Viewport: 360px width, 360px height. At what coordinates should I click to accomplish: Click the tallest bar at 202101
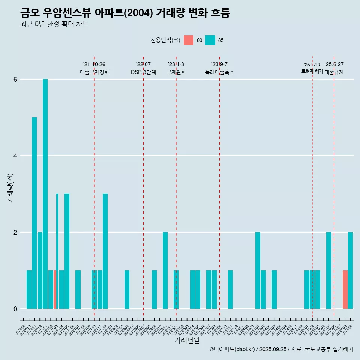pos(45,194)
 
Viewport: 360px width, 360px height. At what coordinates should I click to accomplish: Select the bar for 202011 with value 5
pos(34,213)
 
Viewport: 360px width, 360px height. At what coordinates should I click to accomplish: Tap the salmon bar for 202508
pos(345,289)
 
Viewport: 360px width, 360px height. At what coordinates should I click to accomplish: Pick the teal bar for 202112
pos(105,251)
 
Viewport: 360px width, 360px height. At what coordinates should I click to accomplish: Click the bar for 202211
pos(165,270)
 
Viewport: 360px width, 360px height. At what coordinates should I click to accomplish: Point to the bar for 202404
pos(258,270)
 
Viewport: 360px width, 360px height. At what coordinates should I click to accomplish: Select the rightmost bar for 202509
pos(350,270)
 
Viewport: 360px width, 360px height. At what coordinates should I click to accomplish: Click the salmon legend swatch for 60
pos(189,40)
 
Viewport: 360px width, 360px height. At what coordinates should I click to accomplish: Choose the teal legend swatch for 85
pos(210,40)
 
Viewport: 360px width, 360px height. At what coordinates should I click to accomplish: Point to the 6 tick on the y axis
pos(15,79)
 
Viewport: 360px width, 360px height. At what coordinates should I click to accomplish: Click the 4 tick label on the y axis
pos(15,156)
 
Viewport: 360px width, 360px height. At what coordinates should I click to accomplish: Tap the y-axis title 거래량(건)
pos(10,188)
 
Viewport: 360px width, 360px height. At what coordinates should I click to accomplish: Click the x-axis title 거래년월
pos(187,340)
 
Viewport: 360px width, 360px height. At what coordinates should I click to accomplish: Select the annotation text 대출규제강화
pos(94,72)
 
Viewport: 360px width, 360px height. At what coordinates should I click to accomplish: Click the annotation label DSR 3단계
pos(143,72)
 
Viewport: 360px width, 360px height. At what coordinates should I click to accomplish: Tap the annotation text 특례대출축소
pos(219,72)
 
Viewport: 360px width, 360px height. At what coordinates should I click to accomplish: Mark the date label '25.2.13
pos(312,65)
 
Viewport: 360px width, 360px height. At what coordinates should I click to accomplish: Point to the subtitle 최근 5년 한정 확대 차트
pos(54,24)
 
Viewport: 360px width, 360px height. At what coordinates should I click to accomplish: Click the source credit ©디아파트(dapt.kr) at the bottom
pos(232,349)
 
